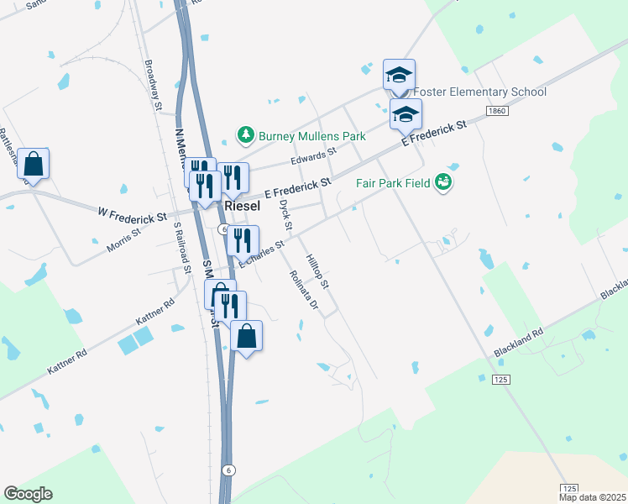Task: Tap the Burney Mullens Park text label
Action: [312, 134]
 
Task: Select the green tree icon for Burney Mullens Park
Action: [245, 134]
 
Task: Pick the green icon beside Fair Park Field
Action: [443, 182]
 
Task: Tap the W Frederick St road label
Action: [131, 217]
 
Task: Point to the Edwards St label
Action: [313, 155]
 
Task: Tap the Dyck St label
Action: [285, 215]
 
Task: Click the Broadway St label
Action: [152, 84]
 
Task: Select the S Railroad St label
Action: [181, 245]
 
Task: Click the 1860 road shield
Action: [496, 111]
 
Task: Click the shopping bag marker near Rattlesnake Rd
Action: [33, 164]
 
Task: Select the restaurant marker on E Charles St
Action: [242, 241]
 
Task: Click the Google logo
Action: [28, 494]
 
